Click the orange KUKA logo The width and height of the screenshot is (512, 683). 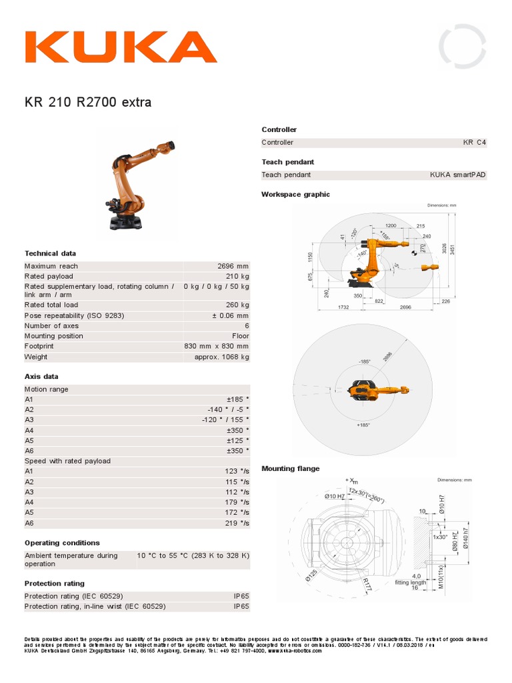tap(121, 47)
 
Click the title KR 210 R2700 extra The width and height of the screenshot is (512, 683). tap(88, 103)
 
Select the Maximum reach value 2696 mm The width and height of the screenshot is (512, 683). tap(233, 266)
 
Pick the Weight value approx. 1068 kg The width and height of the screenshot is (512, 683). tap(221, 357)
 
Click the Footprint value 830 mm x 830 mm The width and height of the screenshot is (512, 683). tap(216, 346)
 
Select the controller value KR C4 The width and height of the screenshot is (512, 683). tap(475, 143)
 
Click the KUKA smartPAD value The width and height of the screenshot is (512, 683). tap(458, 175)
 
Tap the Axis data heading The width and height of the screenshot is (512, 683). tap(41, 376)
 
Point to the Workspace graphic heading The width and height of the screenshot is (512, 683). tap(295, 194)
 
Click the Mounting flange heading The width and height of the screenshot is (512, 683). tap(290, 468)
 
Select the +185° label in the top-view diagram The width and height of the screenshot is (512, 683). tap(364, 425)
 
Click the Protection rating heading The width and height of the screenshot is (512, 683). tap(54, 583)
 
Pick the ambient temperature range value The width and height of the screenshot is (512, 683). tap(193, 555)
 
